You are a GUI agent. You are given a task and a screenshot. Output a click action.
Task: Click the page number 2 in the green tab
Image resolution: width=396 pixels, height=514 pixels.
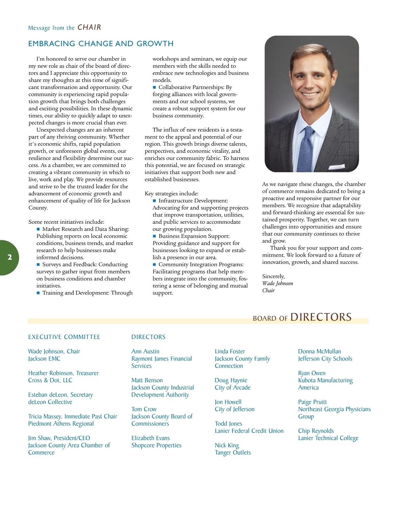10,257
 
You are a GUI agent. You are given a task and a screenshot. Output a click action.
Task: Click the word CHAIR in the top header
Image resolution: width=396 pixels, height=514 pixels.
89,27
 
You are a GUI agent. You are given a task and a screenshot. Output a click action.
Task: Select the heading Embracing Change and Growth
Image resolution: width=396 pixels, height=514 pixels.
101,44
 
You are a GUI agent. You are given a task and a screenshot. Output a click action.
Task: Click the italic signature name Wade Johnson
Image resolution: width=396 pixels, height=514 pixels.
278,283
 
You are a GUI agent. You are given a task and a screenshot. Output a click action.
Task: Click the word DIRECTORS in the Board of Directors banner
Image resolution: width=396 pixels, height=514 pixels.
321,317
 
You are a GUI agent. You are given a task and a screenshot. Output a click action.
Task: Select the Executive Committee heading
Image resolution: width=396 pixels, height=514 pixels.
64,337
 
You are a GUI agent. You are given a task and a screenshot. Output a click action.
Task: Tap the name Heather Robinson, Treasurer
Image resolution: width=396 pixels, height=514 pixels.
63,373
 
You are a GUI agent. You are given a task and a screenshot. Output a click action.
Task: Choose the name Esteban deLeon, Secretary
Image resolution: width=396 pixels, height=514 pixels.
60,395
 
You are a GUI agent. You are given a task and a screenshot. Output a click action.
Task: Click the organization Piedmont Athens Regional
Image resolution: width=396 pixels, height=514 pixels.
61,424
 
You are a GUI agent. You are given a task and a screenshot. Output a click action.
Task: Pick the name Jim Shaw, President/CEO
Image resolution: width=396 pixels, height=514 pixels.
59,438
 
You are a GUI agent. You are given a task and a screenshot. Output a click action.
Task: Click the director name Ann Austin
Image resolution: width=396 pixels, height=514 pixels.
145,351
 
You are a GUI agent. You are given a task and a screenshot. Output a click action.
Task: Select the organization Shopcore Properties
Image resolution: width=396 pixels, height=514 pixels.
156,445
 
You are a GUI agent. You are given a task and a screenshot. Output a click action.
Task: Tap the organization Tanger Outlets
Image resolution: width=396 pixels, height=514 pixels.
233,453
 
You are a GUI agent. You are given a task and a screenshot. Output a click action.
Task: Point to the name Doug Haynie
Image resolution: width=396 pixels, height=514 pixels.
231,380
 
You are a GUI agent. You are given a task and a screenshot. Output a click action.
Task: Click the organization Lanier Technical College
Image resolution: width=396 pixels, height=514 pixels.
328,438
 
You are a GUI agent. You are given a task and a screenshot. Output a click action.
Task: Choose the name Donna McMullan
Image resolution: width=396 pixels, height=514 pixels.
319,351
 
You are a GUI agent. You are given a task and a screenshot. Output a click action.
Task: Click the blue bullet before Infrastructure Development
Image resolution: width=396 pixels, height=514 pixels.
154,201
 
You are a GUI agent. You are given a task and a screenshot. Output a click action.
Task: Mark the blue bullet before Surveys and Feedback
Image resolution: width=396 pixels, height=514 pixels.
38,265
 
